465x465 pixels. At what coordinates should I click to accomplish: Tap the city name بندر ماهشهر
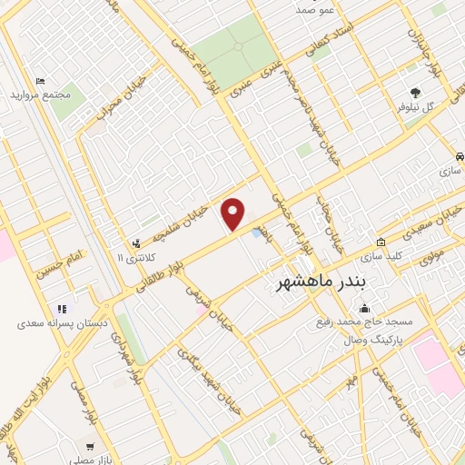click(x=322, y=282)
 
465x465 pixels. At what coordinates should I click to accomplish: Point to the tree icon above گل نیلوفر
click(x=416, y=92)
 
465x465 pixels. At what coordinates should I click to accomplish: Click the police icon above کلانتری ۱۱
click(x=135, y=243)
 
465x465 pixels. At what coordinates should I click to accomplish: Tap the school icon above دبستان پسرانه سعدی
click(x=62, y=309)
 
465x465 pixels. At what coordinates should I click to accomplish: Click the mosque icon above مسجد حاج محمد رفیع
click(x=364, y=308)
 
